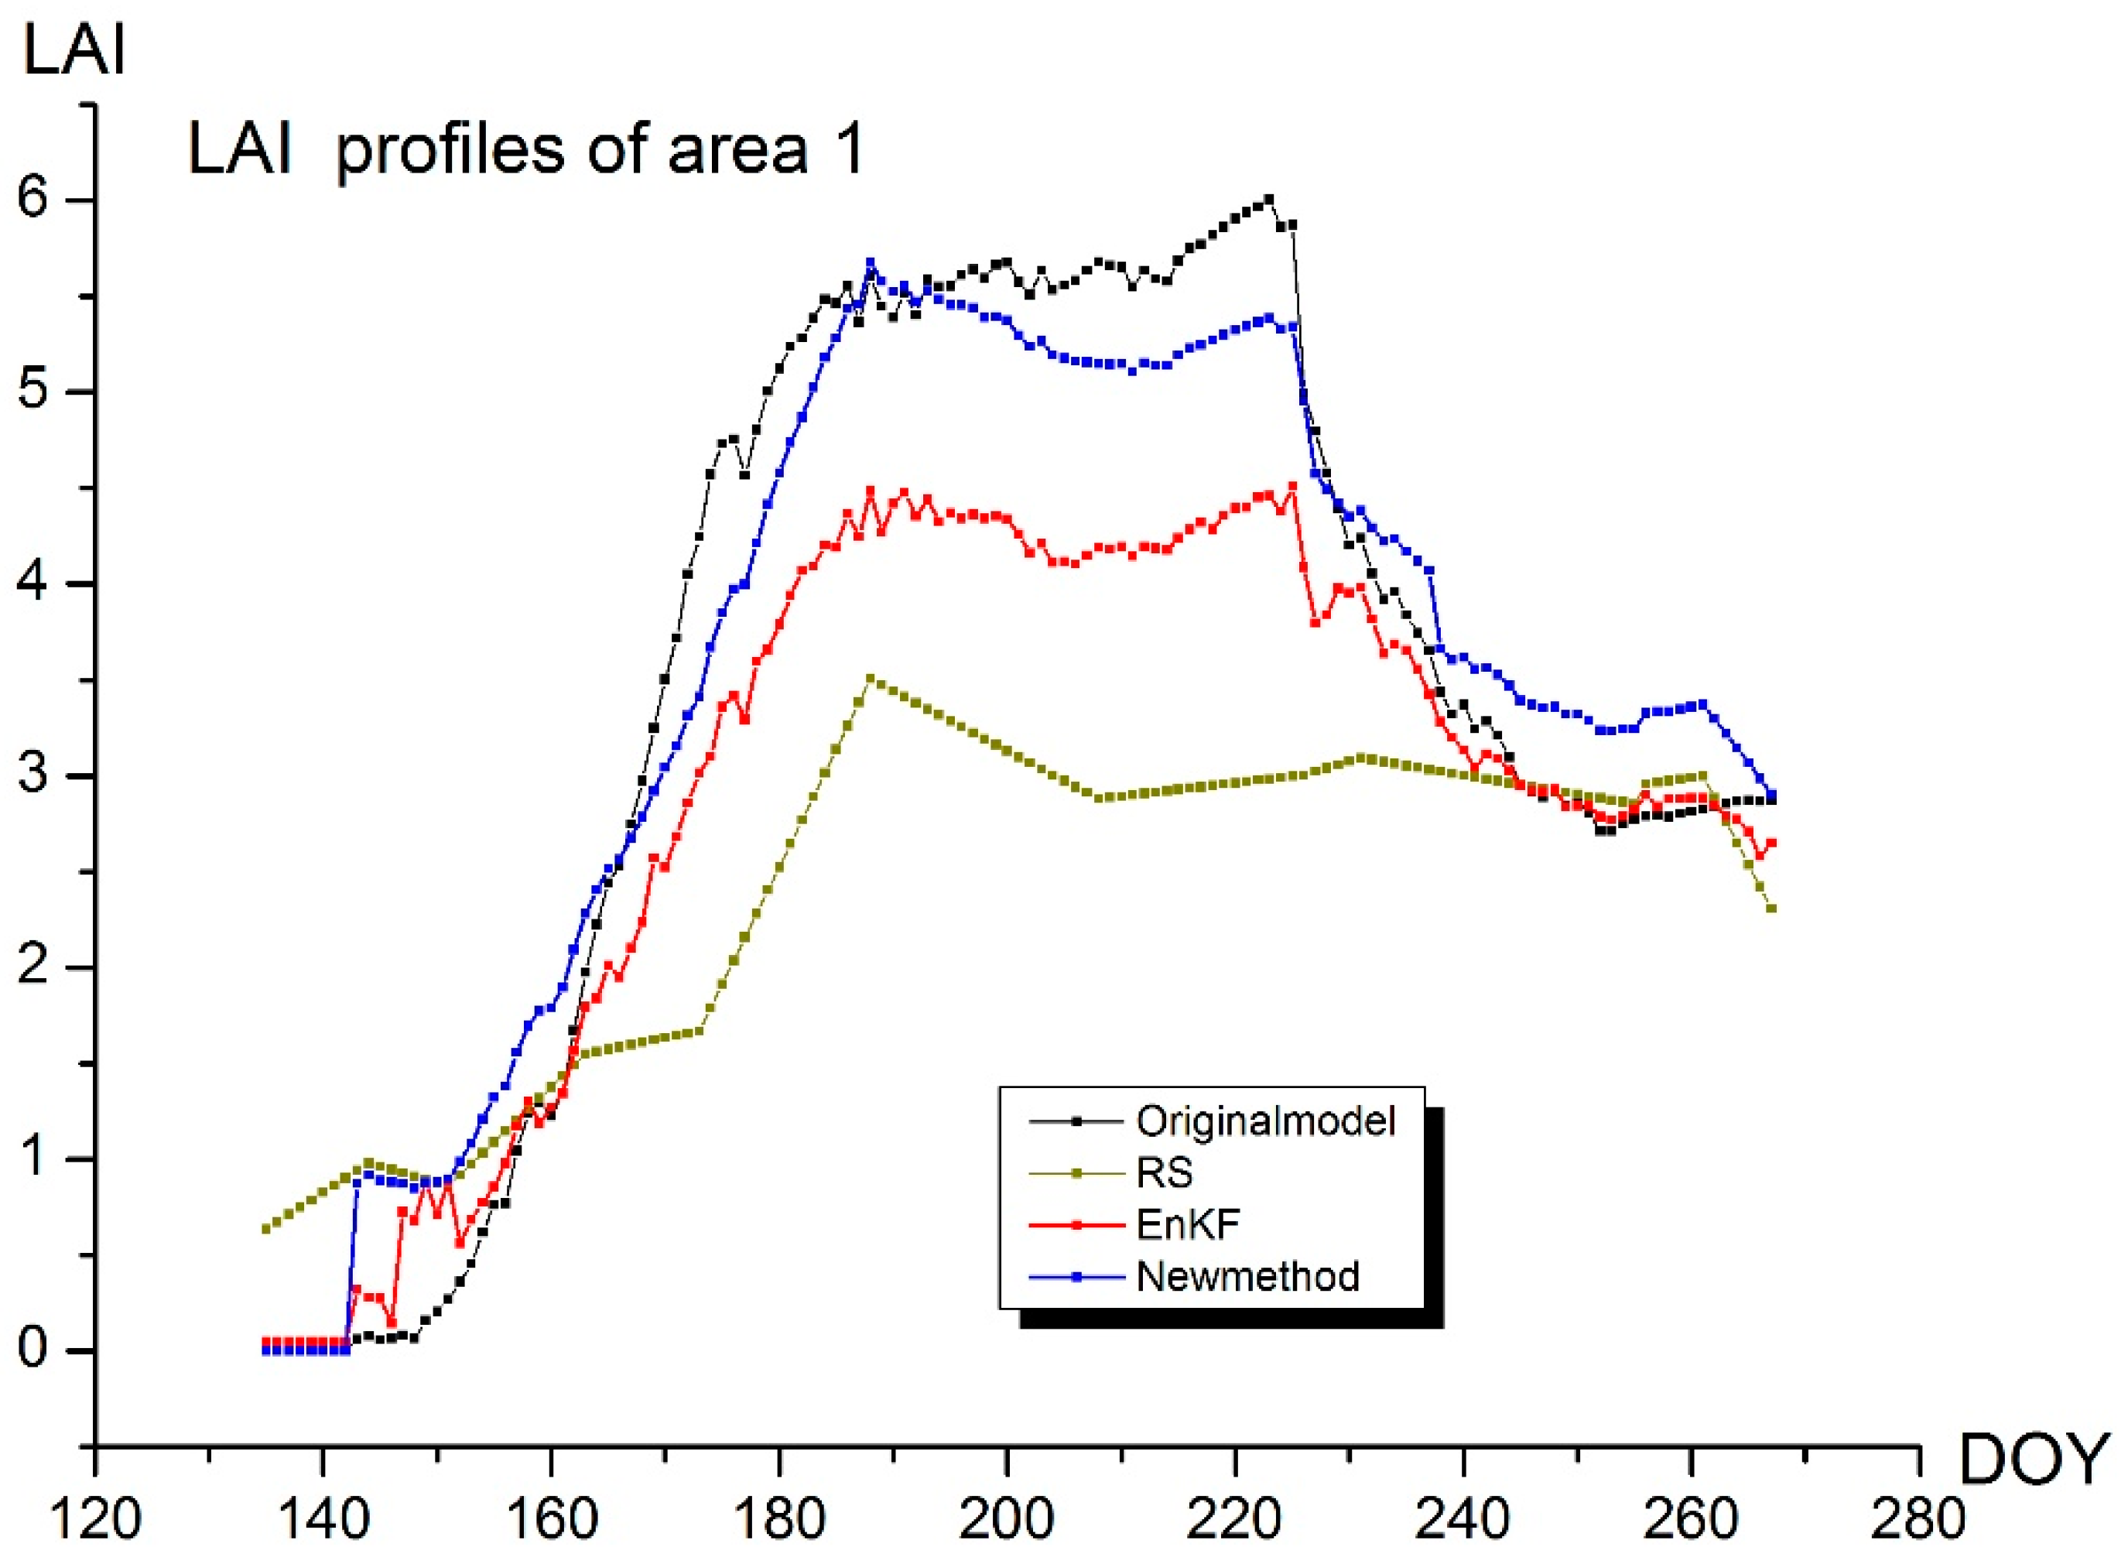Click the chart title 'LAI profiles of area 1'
pyautogui.click(x=526, y=149)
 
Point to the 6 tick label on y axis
pyautogui.click(x=33, y=200)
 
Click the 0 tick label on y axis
pyautogui.click(x=33, y=1349)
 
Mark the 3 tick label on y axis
pyautogui.click(x=33, y=775)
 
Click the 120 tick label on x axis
pyautogui.click(x=94, y=1521)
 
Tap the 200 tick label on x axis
pyautogui.click(x=1006, y=1521)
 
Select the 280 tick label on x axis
pyautogui.click(x=1919, y=1521)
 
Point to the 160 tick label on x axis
pyautogui.click(x=550, y=1521)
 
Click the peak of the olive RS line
pyautogui.click(x=870, y=678)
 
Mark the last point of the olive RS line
pyautogui.click(x=1771, y=909)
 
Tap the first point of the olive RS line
pyautogui.click(x=265, y=1229)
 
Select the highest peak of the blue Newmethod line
pyautogui.click(x=870, y=262)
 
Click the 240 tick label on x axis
pyautogui.click(x=1463, y=1521)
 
